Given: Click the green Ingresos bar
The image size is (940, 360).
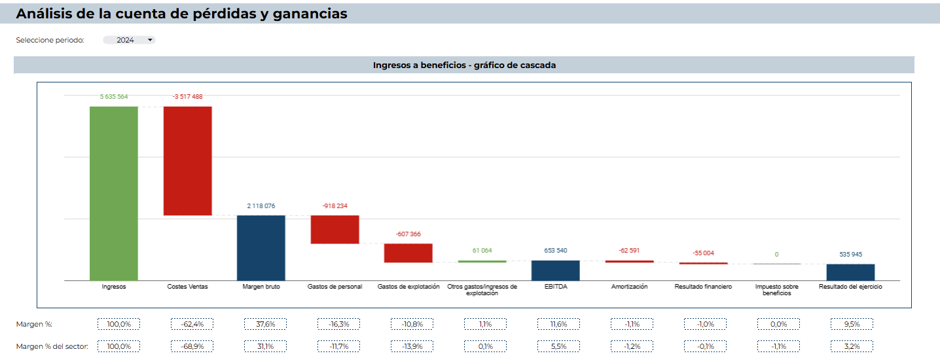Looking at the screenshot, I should point(114,193).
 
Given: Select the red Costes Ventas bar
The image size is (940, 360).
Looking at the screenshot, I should point(187,160).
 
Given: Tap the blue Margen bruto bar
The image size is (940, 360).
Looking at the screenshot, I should point(261,247).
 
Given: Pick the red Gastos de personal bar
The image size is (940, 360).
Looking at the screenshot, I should point(334,229).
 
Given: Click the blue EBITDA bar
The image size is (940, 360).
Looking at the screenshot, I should point(555,270).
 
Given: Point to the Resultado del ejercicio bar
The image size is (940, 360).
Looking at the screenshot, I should point(850,272).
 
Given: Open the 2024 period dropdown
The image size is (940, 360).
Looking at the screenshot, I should point(129,40).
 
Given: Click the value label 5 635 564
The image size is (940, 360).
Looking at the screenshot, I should point(114,97).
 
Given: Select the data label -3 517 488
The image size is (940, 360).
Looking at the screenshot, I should point(187,97).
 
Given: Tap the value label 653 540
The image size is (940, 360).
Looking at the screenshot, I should point(555,251).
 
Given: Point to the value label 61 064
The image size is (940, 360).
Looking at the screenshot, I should point(482,251).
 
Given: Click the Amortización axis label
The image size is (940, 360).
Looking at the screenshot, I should point(629,287).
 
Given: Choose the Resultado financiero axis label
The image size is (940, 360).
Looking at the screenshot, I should point(703,287).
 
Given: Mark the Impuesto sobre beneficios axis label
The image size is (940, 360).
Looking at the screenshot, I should point(776,290).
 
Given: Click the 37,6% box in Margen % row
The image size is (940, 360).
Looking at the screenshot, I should point(265,324).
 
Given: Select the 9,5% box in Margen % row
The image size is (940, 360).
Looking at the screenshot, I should point(851,324).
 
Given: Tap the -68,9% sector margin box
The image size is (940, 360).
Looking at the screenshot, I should point(192,346).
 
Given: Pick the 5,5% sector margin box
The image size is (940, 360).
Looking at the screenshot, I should point(558,346).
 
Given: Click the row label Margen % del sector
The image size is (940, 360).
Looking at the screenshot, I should point(52,346).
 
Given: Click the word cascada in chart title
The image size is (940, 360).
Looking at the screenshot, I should point(538,65).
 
